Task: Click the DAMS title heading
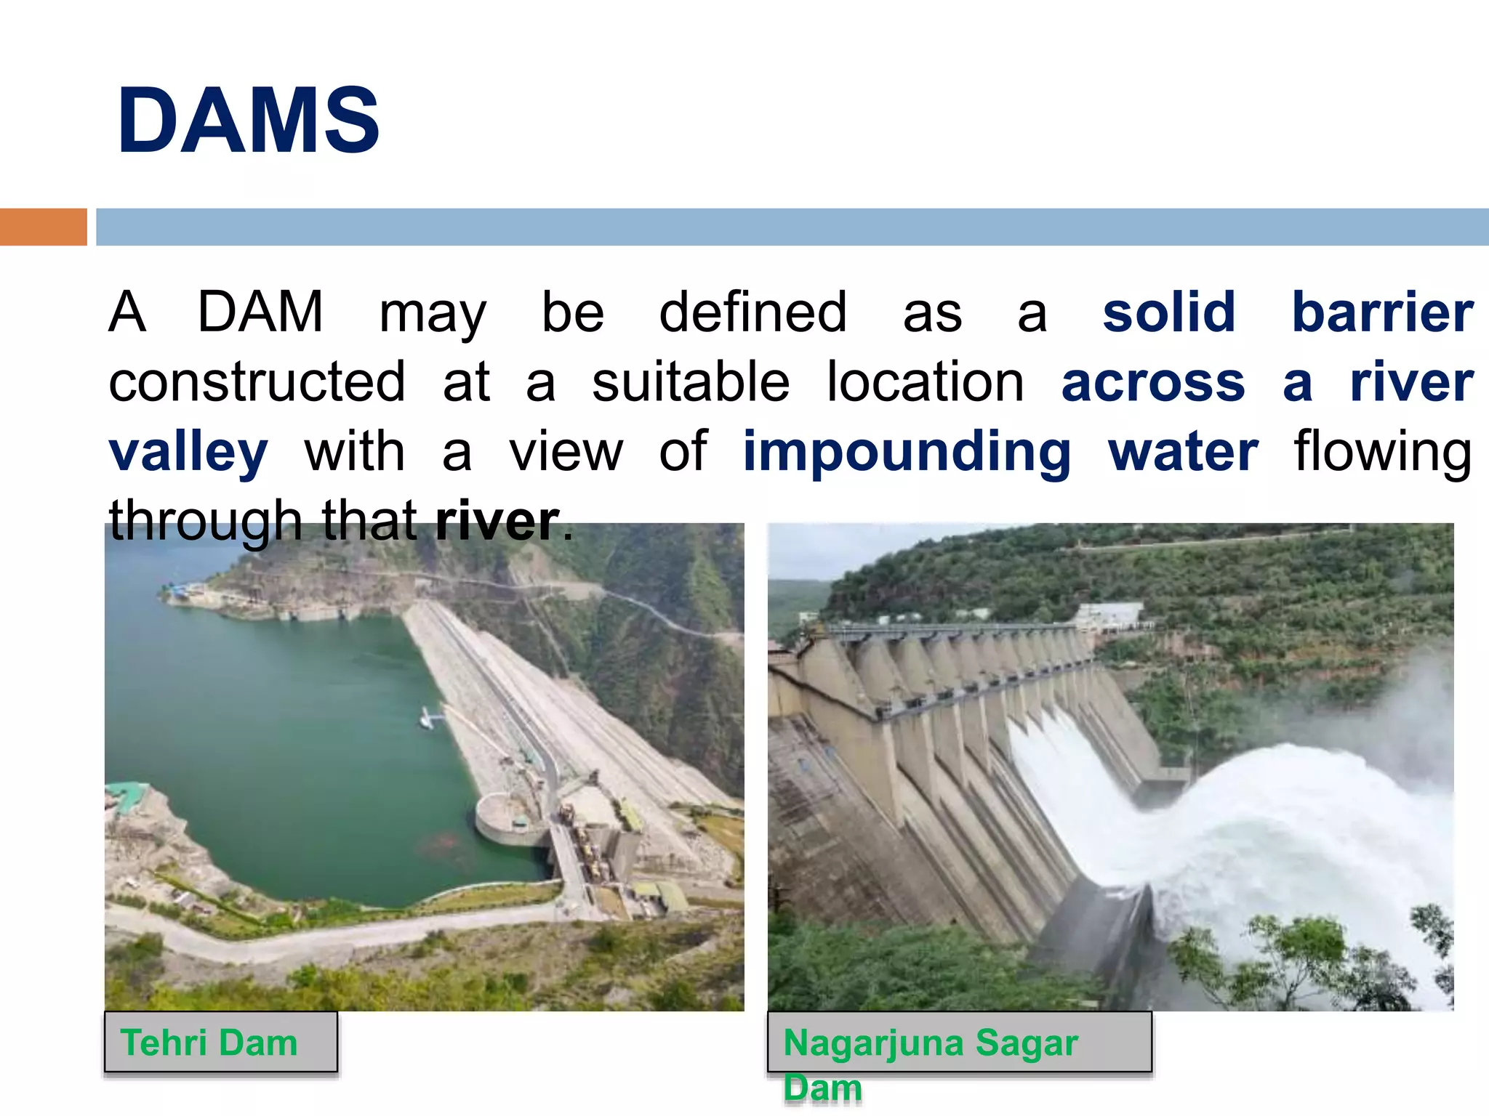(249, 121)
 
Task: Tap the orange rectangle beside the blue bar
(43, 227)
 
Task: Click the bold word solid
(1168, 312)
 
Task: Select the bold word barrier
(1382, 312)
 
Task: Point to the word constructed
(257, 382)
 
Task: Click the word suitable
(690, 382)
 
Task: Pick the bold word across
(1153, 382)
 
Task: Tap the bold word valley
(188, 452)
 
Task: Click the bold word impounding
(906, 452)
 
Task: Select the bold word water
(1183, 452)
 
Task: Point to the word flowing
(1382, 452)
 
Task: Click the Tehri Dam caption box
(220, 1042)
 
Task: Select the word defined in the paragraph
(752, 312)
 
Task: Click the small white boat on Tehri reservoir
(429, 718)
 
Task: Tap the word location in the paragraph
(925, 382)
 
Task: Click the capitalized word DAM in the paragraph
(260, 312)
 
